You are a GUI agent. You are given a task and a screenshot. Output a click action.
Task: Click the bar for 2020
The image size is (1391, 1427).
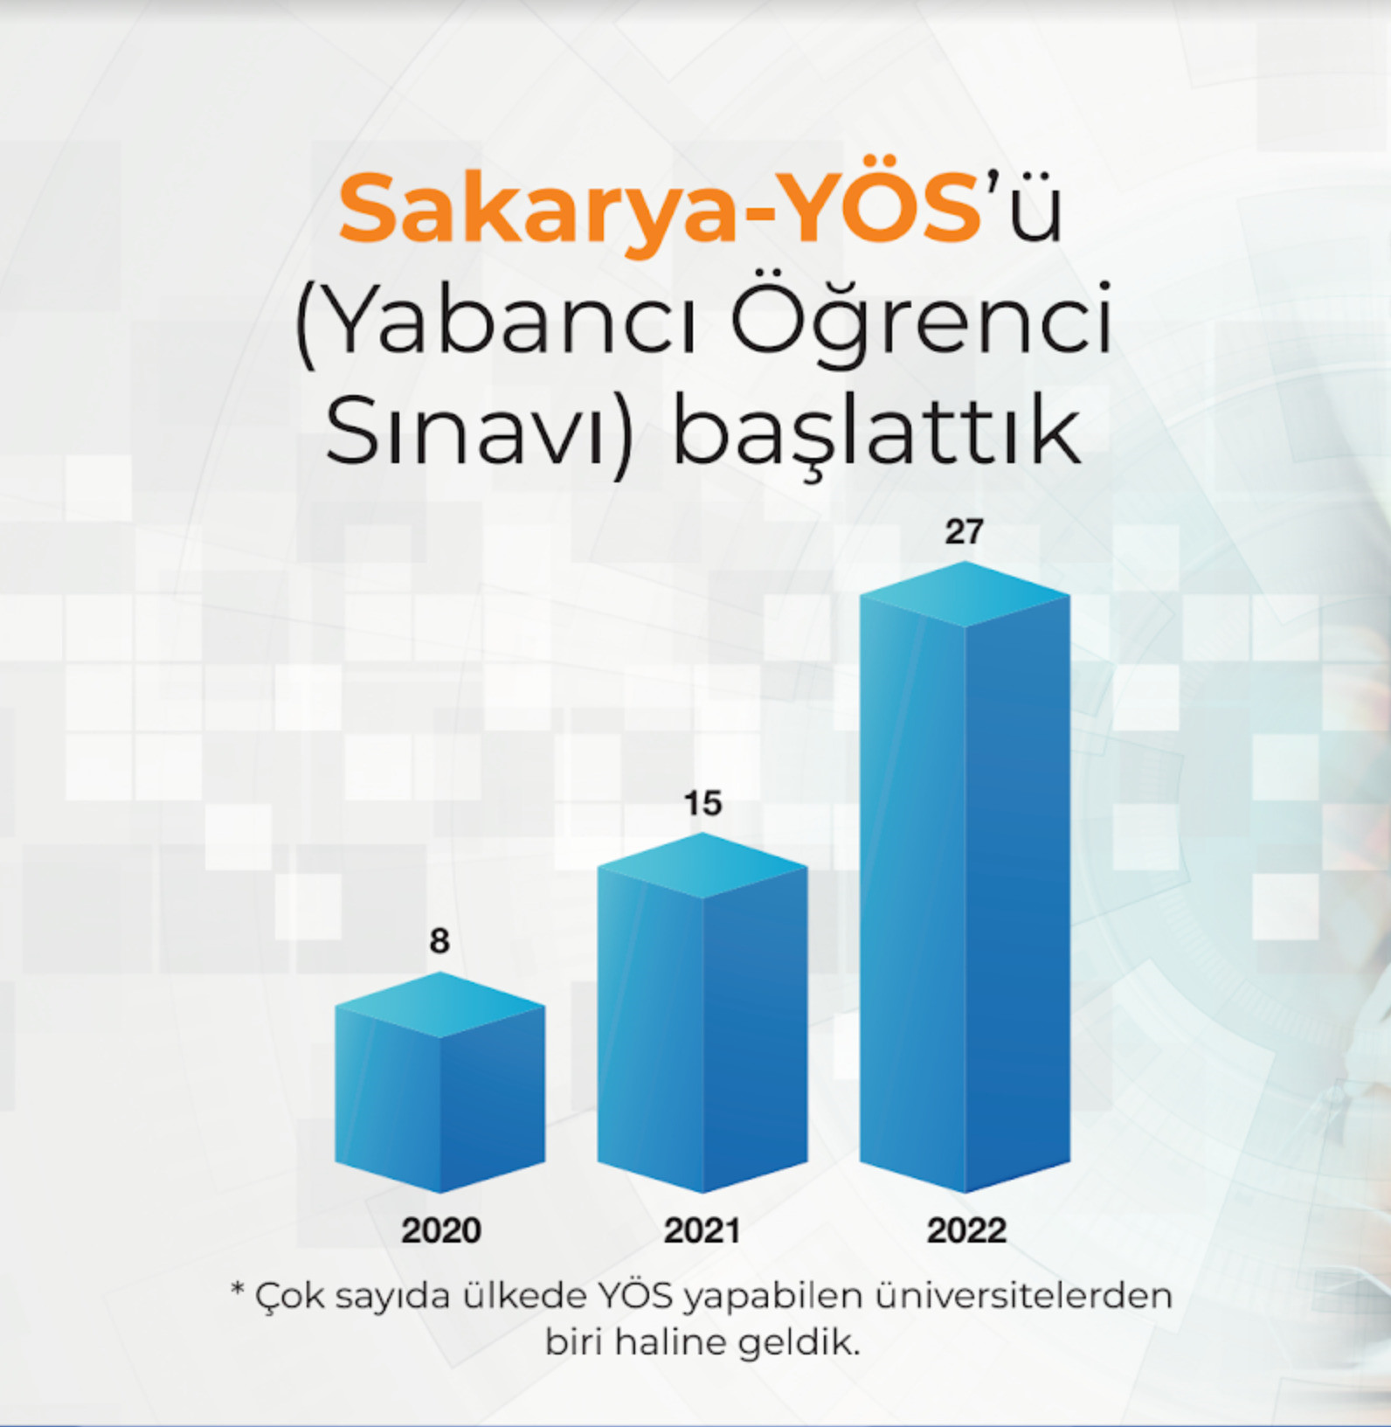tap(439, 1083)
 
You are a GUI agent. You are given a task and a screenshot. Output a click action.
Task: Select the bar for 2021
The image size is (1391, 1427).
tap(702, 1013)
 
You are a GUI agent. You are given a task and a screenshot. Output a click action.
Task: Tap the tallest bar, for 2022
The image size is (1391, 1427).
tap(965, 877)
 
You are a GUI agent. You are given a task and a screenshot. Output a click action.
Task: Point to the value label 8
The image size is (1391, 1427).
tap(439, 941)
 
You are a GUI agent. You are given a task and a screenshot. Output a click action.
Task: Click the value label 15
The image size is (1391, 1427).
tap(702, 803)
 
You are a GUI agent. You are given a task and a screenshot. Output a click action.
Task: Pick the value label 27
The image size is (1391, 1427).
tap(965, 532)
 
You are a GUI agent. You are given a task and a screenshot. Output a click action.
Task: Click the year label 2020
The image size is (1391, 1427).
tap(441, 1230)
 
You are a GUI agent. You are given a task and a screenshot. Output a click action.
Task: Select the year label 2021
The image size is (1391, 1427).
tap(702, 1230)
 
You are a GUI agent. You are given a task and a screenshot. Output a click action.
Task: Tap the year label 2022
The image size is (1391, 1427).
tap(966, 1230)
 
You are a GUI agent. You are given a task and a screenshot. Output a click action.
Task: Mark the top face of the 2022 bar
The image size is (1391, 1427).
tap(965, 594)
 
